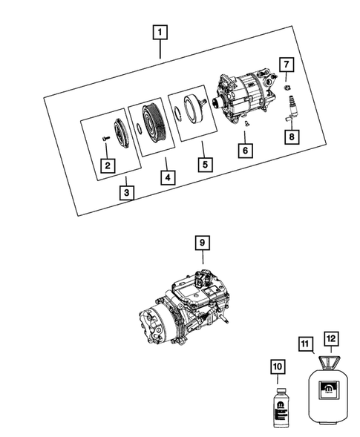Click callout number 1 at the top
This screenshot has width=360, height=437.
pyautogui.click(x=161, y=33)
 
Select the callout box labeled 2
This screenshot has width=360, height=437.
pyautogui.click(x=108, y=165)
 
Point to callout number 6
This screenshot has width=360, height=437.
pyautogui.click(x=243, y=150)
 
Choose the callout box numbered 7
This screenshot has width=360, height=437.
pyautogui.click(x=287, y=65)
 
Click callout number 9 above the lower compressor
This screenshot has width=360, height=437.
pyautogui.click(x=203, y=243)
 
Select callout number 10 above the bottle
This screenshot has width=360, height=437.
pyautogui.click(x=276, y=366)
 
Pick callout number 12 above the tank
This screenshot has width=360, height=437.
pyautogui.click(x=332, y=338)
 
